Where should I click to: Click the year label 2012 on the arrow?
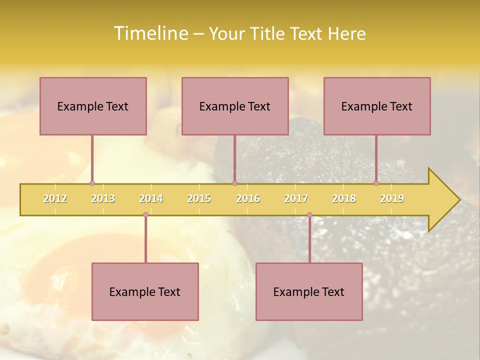[x=55, y=198]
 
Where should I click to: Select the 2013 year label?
[x=103, y=198]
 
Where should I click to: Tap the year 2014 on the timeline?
[x=151, y=198]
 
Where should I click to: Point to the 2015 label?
[x=199, y=198]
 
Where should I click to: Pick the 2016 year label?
[x=248, y=198]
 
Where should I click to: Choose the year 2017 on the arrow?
[x=296, y=198]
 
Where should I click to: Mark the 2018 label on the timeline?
[x=344, y=198]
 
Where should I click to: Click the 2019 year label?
[x=392, y=198]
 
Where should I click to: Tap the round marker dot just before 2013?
[x=92, y=183]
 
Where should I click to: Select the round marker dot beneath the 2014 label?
[x=145, y=215]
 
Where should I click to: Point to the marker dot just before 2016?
[x=234, y=183]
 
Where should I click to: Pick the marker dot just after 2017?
[x=309, y=215]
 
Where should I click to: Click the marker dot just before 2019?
[x=376, y=183]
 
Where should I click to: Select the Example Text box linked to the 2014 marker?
[x=145, y=291]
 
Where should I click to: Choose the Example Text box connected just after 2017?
[x=309, y=291]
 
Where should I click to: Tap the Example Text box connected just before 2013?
[x=93, y=106]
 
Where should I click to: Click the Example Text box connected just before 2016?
[x=235, y=106]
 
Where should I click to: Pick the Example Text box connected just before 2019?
[x=377, y=106]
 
